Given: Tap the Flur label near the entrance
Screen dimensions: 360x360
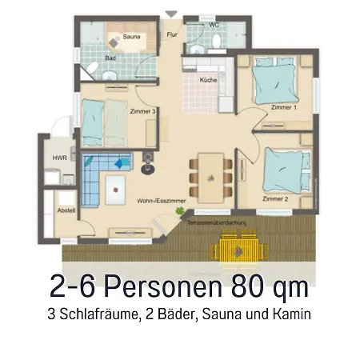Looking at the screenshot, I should click(171, 35).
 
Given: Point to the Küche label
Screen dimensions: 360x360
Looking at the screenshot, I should click(210, 80).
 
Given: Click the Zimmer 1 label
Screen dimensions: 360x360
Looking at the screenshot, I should click(284, 107).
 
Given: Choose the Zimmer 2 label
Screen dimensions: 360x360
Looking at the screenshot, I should click(275, 197).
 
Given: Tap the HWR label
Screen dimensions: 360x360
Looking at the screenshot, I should click(59, 158).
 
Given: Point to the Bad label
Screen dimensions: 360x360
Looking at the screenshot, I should click(110, 58).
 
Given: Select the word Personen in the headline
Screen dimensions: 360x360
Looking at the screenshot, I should click(151, 286).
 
